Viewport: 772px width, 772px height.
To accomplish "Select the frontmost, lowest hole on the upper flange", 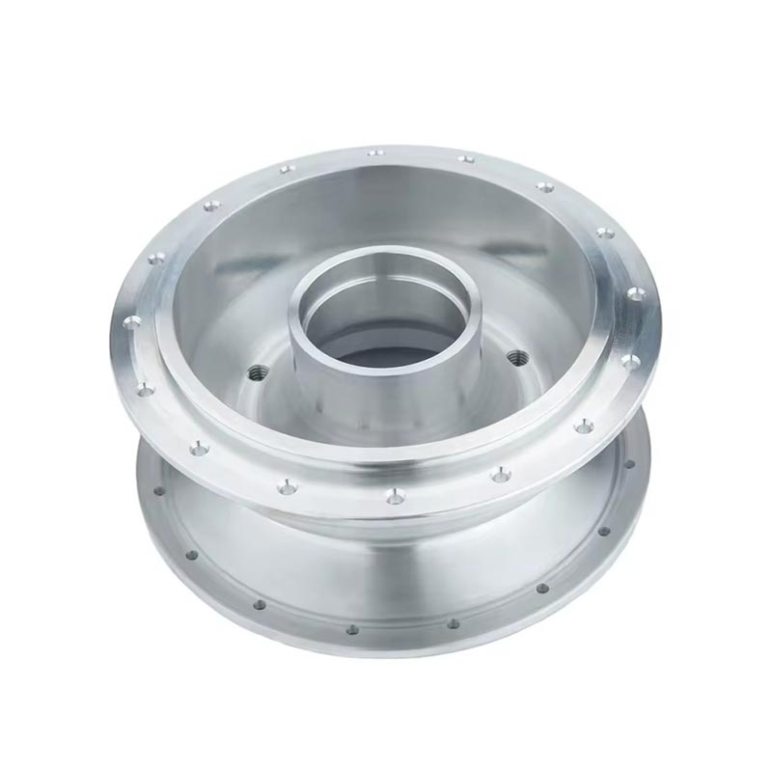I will click(x=392, y=497).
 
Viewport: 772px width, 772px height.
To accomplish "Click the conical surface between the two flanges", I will click(x=386, y=560).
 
